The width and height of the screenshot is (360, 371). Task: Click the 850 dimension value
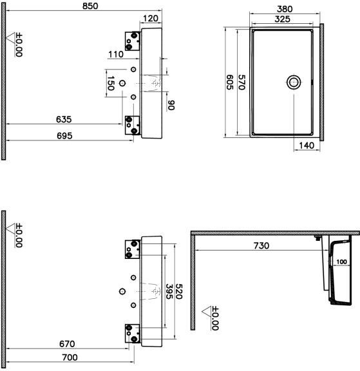click(x=90, y=6)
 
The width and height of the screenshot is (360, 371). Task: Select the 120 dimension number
click(x=151, y=18)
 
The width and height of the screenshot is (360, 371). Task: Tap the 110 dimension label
click(x=116, y=54)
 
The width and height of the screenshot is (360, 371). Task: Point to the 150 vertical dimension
click(x=111, y=83)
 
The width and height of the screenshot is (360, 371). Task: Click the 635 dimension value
click(x=64, y=120)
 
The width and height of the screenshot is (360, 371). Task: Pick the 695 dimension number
click(x=64, y=136)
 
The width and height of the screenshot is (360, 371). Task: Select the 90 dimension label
click(x=171, y=105)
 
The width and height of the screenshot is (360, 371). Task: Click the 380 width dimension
click(x=285, y=9)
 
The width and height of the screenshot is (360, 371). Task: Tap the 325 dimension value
click(x=283, y=19)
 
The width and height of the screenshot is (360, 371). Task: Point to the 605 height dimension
click(x=230, y=82)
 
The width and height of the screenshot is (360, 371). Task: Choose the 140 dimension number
click(x=307, y=146)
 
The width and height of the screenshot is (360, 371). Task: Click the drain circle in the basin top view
click(x=294, y=82)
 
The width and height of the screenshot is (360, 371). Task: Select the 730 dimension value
click(x=261, y=246)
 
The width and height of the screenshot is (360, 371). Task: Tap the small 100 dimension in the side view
click(x=341, y=262)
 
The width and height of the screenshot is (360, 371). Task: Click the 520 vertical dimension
click(x=178, y=292)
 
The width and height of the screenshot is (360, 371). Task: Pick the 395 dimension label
click(x=169, y=292)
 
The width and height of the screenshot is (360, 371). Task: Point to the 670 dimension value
click(x=67, y=344)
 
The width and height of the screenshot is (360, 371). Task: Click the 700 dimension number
click(x=70, y=357)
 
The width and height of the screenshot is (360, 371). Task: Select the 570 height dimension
click(x=242, y=82)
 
